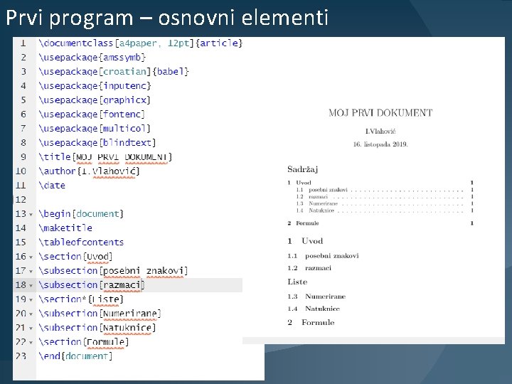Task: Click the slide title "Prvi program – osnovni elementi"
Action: pos(167,17)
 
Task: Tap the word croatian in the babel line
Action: pos(125,72)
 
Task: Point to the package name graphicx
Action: pos(125,100)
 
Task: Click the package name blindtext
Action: pos(128,143)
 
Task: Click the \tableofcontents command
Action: pos(82,242)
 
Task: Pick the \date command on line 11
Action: pos(53,186)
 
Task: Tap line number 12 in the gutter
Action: pos(21,200)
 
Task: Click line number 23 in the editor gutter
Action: pos(21,356)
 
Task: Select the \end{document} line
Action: pos(76,356)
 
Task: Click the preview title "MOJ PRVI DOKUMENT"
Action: pos(380,112)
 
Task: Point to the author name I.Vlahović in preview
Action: pos(380,132)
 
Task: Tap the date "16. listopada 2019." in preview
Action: pos(380,144)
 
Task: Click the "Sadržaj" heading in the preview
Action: pos(302,169)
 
